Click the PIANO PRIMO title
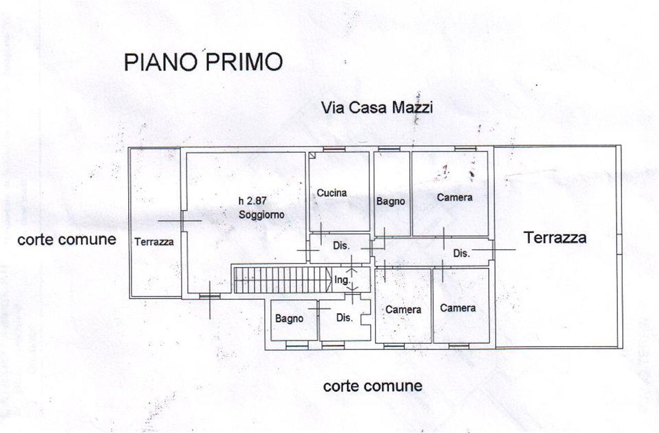coord(203,62)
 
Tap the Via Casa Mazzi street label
coord(377,108)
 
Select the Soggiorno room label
coord(261,215)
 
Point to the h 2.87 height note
coord(252,201)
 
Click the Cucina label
coord(332,193)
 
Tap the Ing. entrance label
coord(342,280)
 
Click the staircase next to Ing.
coord(283,280)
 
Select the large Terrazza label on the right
coord(555,237)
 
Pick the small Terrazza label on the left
coord(154,242)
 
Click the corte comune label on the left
coord(67,239)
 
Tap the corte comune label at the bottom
coord(373,386)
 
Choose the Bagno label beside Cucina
coord(391,201)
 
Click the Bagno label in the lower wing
coord(289,319)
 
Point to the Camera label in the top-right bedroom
coord(455,197)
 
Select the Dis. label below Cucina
coord(341,246)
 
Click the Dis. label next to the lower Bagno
coord(344,318)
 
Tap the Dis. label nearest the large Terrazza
coord(461,253)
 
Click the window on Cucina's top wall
coord(334,149)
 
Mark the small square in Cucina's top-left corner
coord(312,155)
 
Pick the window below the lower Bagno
coord(297,348)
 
